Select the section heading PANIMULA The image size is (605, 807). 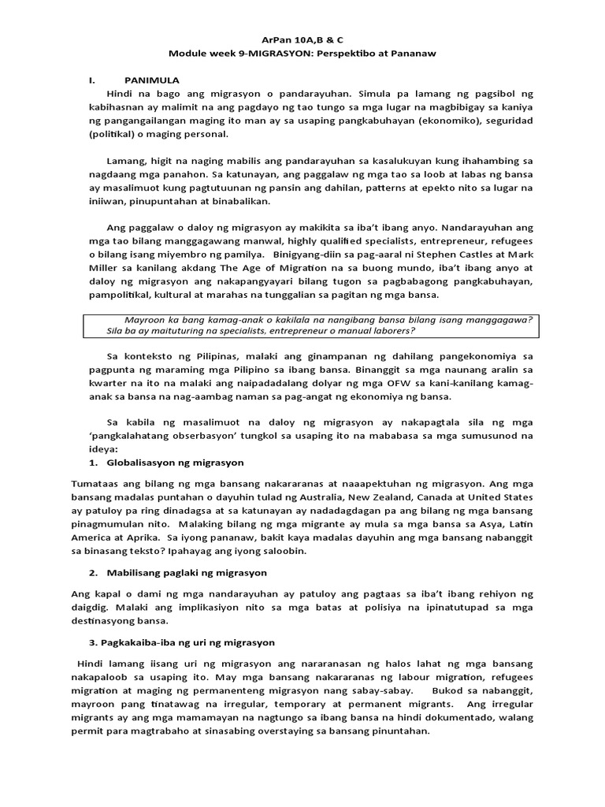click(152, 80)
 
